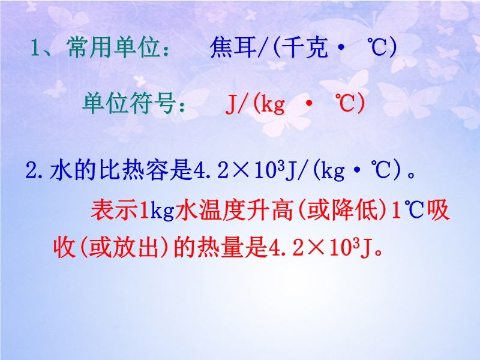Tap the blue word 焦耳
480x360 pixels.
tap(233, 47)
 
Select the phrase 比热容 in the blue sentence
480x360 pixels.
tap(134, 170)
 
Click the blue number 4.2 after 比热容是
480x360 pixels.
tap(211, 170)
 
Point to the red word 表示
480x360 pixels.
tap(114, 211)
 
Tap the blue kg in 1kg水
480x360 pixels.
tap(162, 211)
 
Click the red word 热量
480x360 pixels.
tap(220, 247)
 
